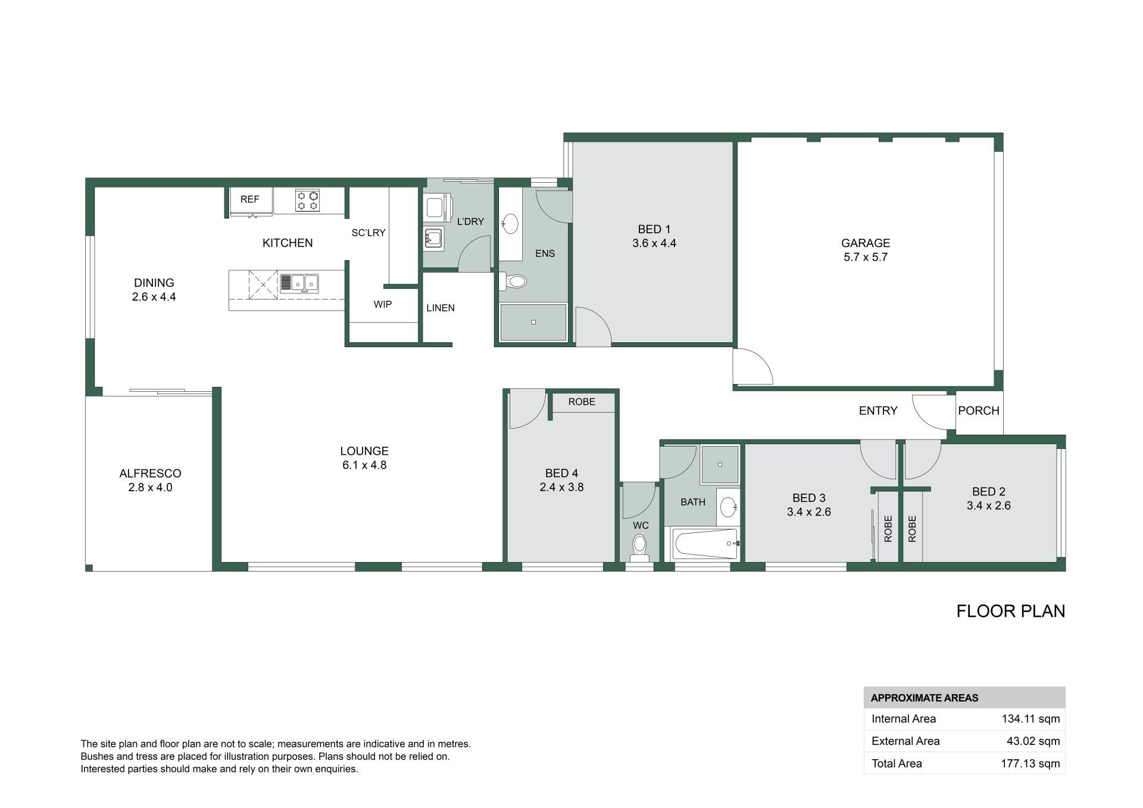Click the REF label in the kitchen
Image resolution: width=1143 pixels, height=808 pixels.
(249, 199)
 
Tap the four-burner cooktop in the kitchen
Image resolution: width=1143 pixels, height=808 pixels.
(307, 200)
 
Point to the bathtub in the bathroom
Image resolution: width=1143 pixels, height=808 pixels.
(705, 544)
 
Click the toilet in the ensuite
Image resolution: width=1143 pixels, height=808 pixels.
(513, 281)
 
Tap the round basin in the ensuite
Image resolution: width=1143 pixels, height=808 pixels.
(510, 224)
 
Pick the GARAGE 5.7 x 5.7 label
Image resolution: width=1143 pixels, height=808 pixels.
(866, 250)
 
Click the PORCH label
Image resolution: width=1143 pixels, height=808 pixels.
(979, 411)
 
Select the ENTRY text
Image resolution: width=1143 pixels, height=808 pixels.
(878, 411)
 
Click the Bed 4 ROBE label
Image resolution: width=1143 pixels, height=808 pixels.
(582, 402)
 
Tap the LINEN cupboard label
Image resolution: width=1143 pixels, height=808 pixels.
(441, 308)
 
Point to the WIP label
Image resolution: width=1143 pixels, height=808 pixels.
(383, 304)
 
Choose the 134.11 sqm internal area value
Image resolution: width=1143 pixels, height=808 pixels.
(1030, 719)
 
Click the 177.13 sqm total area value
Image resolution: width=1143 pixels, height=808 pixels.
(1030, 763)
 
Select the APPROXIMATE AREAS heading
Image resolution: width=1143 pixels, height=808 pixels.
(925, 698)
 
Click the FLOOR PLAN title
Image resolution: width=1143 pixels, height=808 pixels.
(1011, 612)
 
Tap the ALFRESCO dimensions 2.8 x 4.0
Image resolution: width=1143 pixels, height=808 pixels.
(150, 488)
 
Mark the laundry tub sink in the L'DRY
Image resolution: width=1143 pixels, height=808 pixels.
(433, 239)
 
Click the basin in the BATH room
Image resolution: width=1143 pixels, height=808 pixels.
(728, 507)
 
